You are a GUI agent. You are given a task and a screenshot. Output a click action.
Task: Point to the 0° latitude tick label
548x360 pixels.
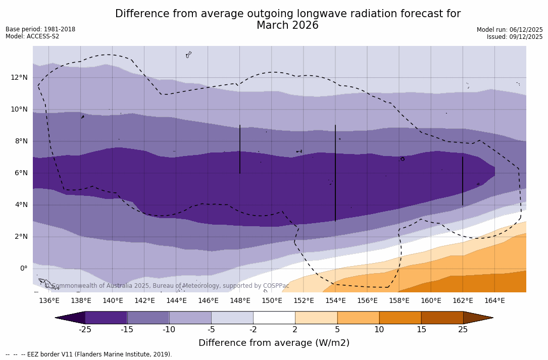coord(23,269)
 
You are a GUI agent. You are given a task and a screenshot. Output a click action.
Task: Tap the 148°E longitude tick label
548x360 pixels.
coord(240,301)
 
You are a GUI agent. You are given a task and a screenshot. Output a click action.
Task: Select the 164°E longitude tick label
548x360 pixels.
coord(494,301)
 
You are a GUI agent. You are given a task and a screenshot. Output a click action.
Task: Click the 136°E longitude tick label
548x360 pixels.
coord(49,301)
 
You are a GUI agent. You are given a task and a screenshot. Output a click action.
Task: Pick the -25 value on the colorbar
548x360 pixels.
coord(85,330)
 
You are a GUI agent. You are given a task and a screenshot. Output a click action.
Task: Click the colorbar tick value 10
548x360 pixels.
coord(379,330)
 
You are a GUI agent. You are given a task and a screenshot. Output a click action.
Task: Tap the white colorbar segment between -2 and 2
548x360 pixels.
coord(274,318)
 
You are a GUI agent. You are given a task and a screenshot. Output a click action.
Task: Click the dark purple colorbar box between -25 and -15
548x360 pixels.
coord(106,318)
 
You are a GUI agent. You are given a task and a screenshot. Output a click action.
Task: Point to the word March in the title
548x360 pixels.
coord(273,25)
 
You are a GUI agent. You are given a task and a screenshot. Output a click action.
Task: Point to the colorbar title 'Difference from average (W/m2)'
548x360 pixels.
coord(274,343)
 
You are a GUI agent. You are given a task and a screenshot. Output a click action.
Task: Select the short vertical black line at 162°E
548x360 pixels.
coord(463,181)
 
